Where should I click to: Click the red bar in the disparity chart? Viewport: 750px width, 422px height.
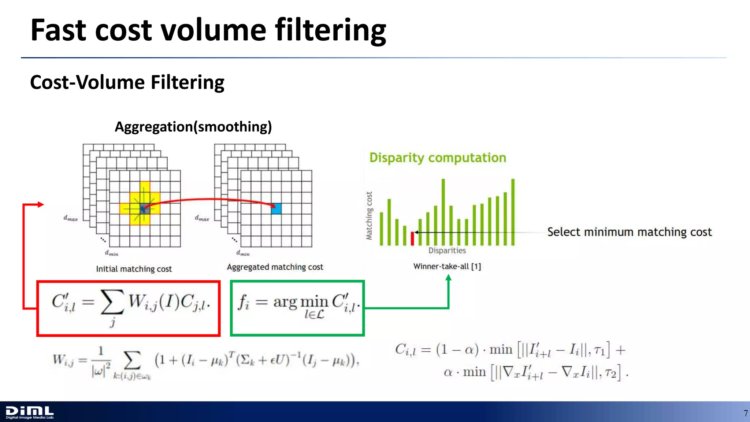tap(412, 238)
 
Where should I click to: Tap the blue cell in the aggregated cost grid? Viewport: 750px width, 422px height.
tap(276, 209)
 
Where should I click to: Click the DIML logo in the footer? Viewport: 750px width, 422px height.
tap(30, 412)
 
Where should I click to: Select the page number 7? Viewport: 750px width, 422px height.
tap(745, 414)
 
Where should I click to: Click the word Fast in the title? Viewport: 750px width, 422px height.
tap(59, 30)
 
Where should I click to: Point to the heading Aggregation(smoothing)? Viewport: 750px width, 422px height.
tap(193, 127)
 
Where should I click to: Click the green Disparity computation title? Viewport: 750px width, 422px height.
tap(438, 158)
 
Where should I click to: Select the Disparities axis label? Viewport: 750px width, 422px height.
tap(447, 251)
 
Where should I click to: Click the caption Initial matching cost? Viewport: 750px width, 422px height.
tap(134, 269)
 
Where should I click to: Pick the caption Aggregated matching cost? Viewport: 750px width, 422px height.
tap(275, 267)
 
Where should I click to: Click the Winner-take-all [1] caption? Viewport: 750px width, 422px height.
tap(447, 266)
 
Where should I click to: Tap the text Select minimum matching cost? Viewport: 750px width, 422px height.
tap(629, 232)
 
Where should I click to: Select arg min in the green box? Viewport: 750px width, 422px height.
tap(300, 302)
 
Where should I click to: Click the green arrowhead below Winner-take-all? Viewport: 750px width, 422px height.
tap(448, 278)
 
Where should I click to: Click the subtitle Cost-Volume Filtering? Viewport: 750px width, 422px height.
tap(127, 82)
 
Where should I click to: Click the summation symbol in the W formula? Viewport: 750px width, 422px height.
tap(132, 360)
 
